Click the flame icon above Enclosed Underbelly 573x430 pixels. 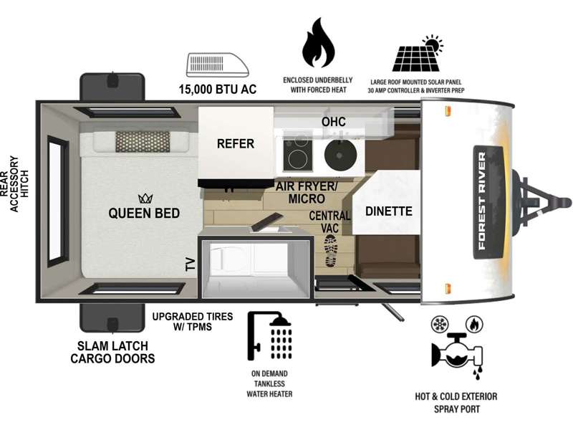click(318, 43)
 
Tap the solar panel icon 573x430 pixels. click(418, 54)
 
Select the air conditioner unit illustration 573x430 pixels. click(218, 64)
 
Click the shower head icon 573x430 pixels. click(270, 335)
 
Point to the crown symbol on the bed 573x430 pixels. click(145, 199)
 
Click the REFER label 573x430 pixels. click(236, 144)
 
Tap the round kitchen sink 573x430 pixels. click(340, 155)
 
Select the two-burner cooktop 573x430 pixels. click(298, 153)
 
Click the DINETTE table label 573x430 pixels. click(389, 211)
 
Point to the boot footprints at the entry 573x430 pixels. click(331, 250)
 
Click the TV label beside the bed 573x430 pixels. click(191, 264)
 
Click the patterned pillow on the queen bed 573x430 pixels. click(143, 141)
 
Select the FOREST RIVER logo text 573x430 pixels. click(481, 201)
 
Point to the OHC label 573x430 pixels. click(333, 122)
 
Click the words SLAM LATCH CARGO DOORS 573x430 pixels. click(112, 352)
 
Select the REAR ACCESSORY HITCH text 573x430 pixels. click(14, 183)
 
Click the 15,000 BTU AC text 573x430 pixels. click(218, 89)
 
